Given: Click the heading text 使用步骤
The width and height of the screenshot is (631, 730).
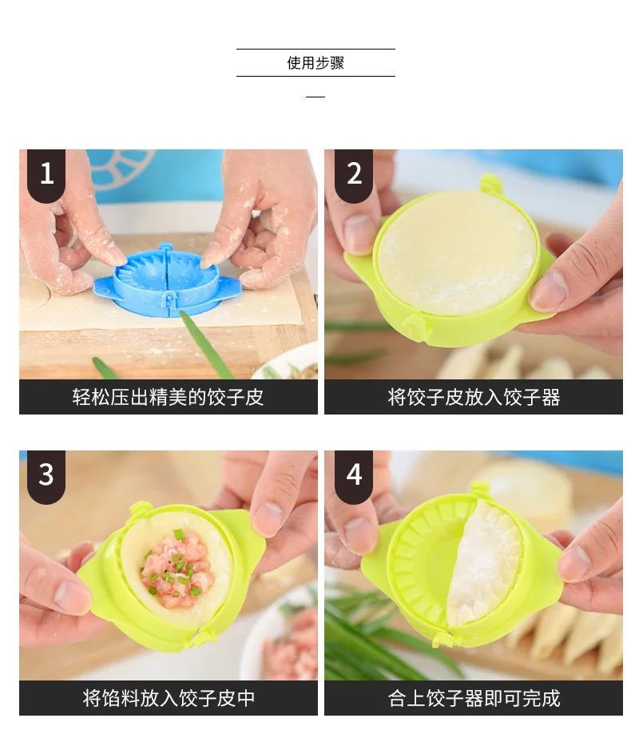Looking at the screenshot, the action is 315,62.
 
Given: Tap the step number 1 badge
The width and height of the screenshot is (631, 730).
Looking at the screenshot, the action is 46,175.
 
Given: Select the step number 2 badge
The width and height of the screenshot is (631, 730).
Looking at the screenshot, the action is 354,175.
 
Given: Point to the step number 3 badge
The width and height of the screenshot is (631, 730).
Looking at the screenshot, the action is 46,476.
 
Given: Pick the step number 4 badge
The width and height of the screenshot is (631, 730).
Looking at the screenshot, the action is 354,476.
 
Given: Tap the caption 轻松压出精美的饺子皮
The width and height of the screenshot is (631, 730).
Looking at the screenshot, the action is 168,397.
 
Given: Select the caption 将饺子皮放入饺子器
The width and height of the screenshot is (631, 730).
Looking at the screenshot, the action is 474,397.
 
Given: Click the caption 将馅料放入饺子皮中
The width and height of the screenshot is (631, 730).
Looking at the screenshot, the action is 168,698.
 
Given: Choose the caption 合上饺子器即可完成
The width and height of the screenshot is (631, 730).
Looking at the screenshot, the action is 474,698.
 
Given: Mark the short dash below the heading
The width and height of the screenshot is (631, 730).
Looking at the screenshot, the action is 315,97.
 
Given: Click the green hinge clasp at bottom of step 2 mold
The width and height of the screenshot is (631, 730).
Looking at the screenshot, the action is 415,325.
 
